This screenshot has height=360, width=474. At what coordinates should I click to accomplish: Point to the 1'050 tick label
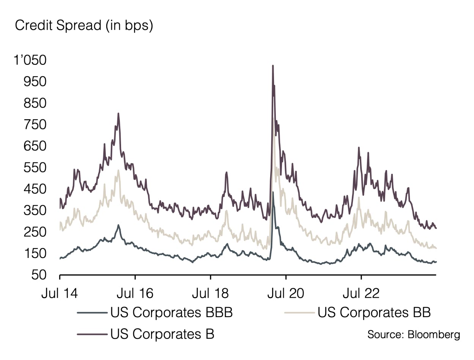[x=30, y=60]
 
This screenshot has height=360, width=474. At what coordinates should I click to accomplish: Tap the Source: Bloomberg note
[x=413, y=335]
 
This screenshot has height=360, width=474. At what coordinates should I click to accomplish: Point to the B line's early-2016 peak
[x=118, y=113]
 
